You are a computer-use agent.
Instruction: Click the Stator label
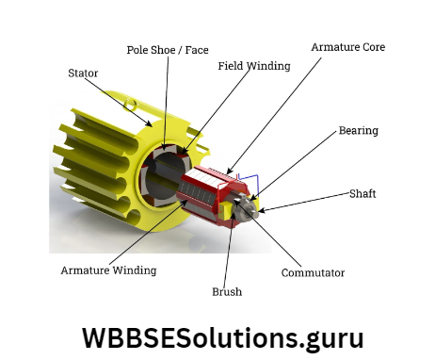tap(83, 72)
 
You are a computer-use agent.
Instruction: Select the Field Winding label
tap(254, 67)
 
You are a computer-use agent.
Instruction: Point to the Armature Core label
tap(348, 46)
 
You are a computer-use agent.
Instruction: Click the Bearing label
tap(358, 131)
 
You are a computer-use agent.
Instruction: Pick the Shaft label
tap(362, 193)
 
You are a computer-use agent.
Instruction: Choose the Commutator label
tap(313, 273)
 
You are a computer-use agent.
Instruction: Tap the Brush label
tap(226, 291)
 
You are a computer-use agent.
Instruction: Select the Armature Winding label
tap(108, 270)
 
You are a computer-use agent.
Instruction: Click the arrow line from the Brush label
tap(230, 254)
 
